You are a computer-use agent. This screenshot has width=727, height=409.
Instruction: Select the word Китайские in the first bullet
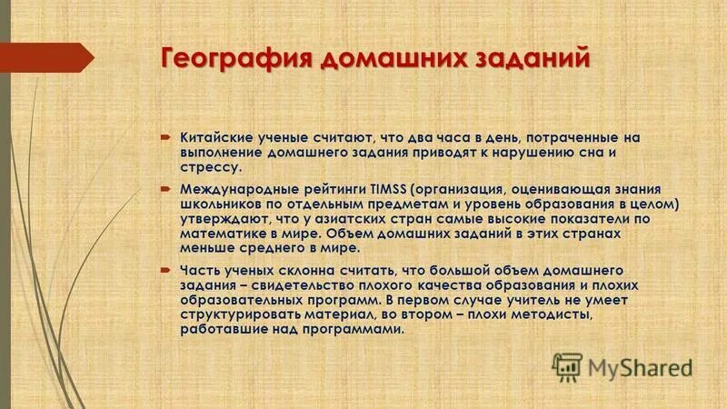(x=215, y=137)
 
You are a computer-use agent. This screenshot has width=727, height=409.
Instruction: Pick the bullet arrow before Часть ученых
(x=166, y=271)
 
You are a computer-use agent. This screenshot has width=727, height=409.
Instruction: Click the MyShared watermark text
(x=640, y=368)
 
